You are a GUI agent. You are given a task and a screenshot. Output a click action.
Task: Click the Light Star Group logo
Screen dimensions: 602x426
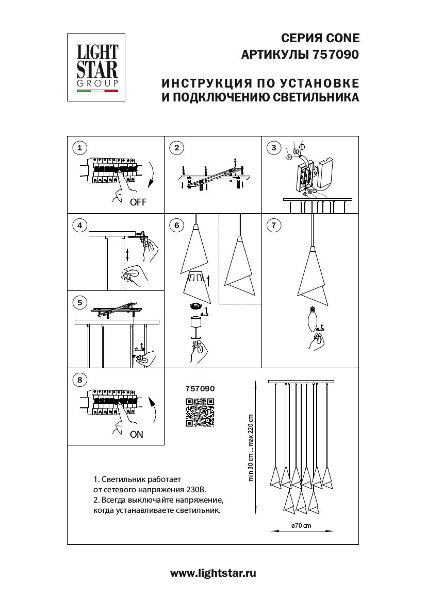pyautogui.click(x=97, y=67)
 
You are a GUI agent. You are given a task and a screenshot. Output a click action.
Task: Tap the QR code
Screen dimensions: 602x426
pyautogui.click(x=200, y=413)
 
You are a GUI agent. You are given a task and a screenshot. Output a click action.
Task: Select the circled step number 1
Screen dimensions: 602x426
pyautogui.click(x=79, y=148)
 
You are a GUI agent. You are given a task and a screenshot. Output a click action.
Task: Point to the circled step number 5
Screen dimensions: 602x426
pyautogui.click(x=79, y=302)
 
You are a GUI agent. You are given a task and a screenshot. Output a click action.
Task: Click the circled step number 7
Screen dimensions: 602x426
pyautogui.click(x=274, y=225)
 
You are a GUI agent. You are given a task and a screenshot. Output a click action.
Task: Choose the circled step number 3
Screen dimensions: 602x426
pyautogui.click(x=274, y=148)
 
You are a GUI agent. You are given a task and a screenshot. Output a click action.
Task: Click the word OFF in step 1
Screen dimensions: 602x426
pyautogui.click(x=138, y=202)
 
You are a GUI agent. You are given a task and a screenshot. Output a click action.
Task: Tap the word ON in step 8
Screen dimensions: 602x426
pyautogui.click(x=137, y=434)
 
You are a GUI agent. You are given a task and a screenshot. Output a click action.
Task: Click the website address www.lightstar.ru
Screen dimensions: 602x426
pyautogui.click(x=213, y=573)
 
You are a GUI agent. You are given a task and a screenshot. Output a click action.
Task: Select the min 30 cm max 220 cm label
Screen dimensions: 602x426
pyautogui.click(x=251, y=448)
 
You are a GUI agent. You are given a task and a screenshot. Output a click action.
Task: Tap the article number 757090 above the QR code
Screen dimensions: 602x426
pyautogui.click(x=200, y=389)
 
